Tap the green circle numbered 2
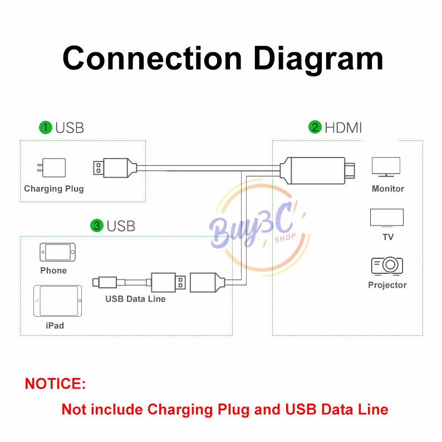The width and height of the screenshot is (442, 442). (316, 127)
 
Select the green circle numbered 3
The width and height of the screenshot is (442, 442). (97, 225)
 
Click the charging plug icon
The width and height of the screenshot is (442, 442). (53, 168)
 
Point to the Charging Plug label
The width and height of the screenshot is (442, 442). (54, 189)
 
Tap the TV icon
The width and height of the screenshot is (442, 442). (387, 218)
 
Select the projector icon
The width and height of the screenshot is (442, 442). (387, 266)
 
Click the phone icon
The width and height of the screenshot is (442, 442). (57, 252)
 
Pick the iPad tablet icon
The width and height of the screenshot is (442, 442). (57, 301)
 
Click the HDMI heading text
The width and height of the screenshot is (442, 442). (343, 127)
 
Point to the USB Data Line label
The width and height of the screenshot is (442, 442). (135, 299)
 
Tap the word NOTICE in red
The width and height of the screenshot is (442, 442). (55, 384)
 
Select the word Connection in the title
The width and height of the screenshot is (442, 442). (152, 58)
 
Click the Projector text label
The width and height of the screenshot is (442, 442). (387, 285)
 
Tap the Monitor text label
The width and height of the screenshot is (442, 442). (387, 189)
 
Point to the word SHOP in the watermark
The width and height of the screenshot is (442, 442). (284, 240)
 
